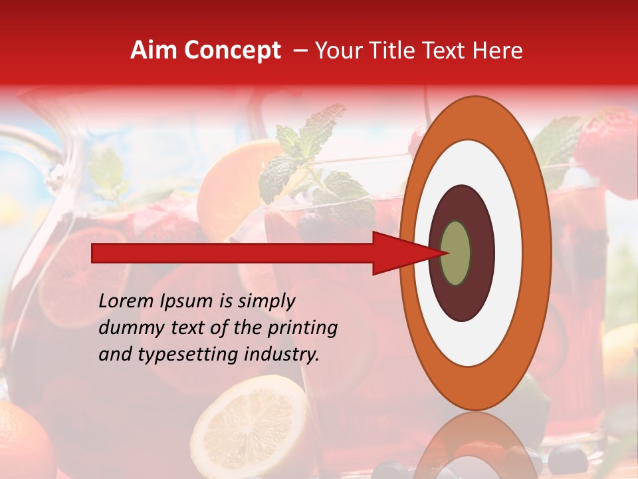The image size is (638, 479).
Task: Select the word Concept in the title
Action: (232, 51)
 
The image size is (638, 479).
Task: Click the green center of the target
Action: (456, 253)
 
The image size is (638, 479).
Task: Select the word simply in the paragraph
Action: (266, 302)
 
